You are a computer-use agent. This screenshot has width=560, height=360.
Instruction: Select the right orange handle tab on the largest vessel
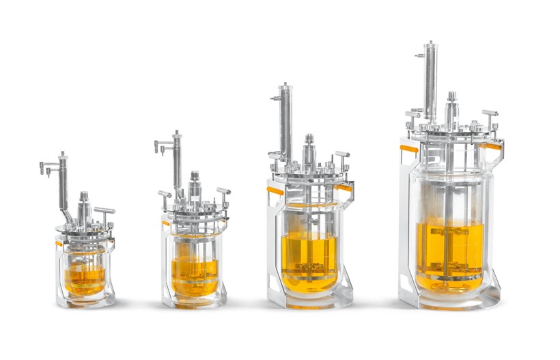tap(494, 146)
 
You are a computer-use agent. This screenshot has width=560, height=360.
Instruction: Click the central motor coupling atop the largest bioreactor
tap(452, 109)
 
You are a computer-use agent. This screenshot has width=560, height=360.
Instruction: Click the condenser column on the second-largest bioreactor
tap(285, 123)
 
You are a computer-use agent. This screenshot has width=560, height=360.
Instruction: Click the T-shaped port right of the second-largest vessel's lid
tap(342, 156)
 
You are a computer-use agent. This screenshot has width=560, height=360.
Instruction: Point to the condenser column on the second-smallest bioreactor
tap(178, 161)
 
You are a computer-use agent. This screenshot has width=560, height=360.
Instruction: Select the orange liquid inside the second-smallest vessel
tap(195, 273)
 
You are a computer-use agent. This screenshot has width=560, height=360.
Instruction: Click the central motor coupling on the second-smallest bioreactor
tap(195, 183)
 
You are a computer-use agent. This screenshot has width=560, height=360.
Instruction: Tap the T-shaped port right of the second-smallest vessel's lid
tap(223, 192)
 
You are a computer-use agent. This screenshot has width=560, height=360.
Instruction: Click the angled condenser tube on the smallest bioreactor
tap(64, 188)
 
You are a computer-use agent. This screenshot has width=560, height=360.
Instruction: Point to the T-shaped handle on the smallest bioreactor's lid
tap(104, 210)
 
